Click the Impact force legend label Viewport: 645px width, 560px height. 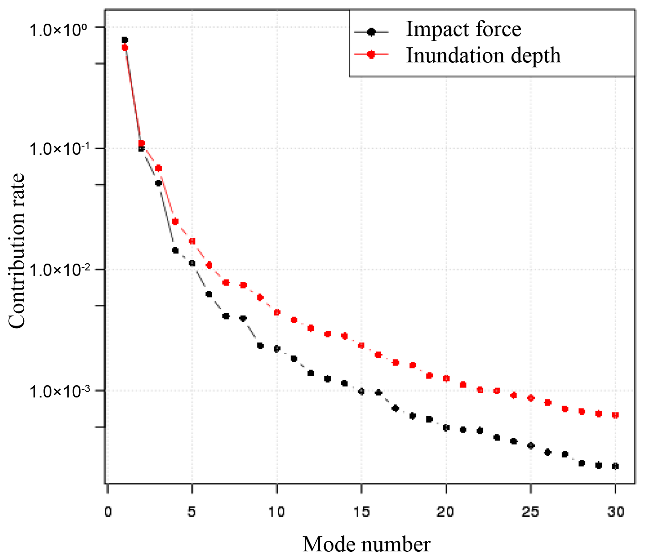pos(463,30)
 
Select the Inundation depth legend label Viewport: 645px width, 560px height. pos(483,56)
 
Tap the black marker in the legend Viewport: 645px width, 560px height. pos(371,32)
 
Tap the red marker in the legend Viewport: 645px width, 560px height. pos(371,54)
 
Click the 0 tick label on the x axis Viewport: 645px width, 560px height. pos(107,512)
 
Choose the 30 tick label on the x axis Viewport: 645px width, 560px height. pos(615,512)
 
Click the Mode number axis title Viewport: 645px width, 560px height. pos(366,545)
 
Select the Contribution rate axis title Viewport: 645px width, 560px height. pos(17,251)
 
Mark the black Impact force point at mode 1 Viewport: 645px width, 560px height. pos(125,40)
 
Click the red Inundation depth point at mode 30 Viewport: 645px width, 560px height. pos(615,415)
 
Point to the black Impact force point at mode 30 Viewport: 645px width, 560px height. pos(615,466)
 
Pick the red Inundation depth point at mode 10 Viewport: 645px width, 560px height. pos(277,313)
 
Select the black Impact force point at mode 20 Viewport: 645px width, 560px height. pos(446,428)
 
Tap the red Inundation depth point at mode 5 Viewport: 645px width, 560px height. pos(192,241)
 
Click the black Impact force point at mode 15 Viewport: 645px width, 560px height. pos(362,392)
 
